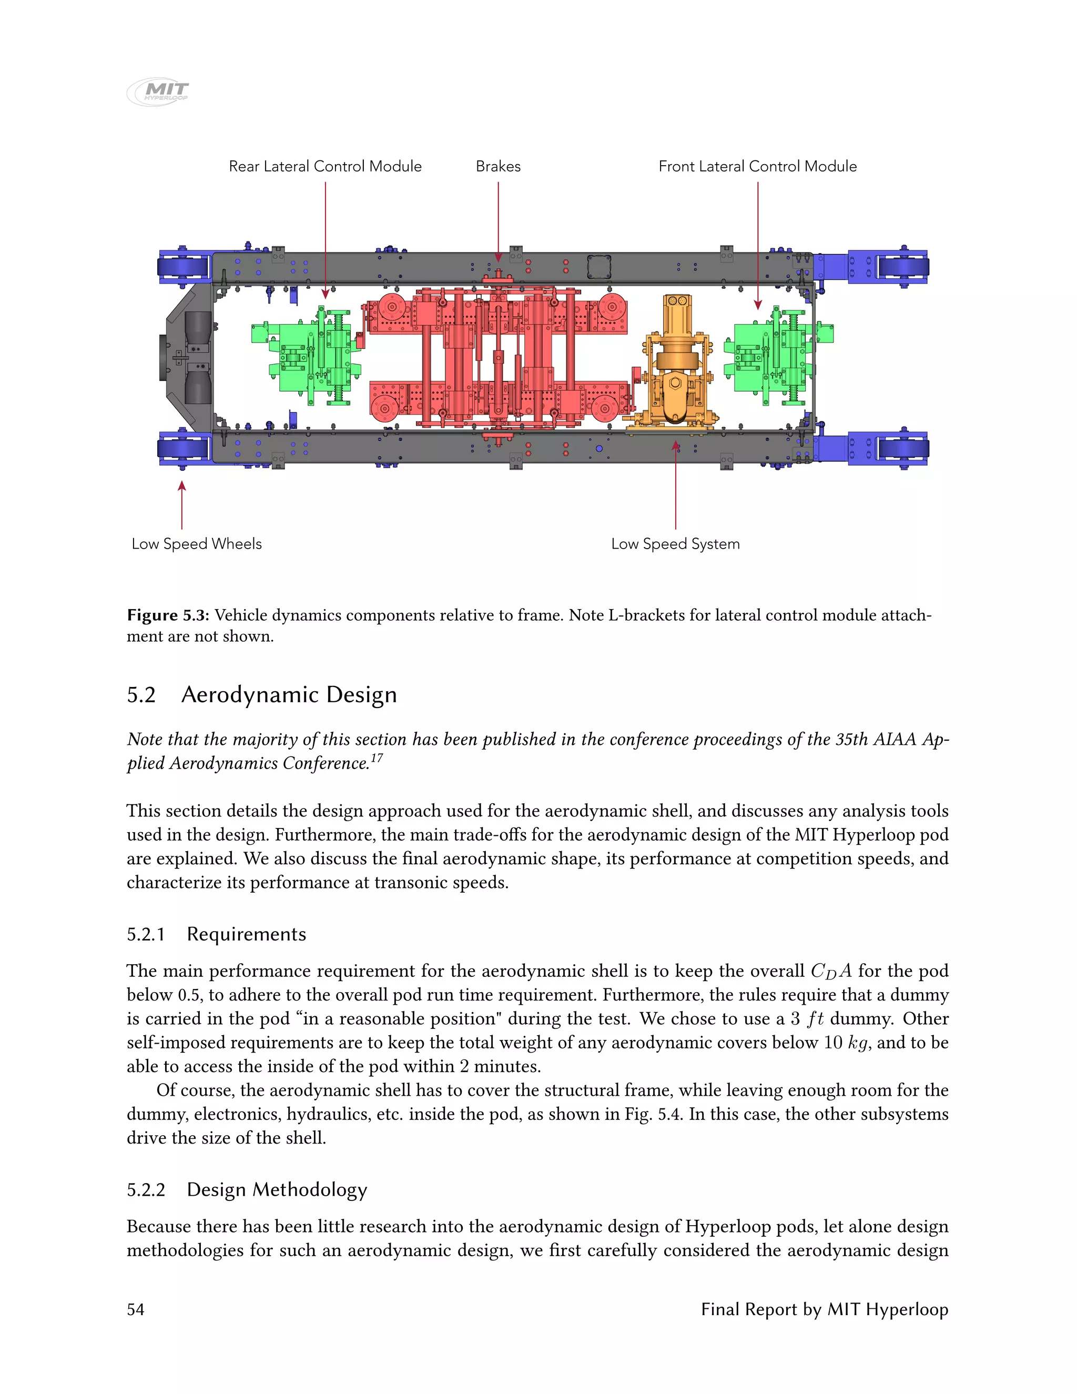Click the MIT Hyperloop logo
pyautogui.click(x=158, y=92)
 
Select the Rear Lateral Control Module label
pyautogui.click(x=325, y=167)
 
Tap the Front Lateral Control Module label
pyautogui.click(x=757, y=167)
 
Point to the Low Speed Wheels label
pyautogui.click(x=197, y=544)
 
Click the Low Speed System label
pyautogui.click(x=675, y=544)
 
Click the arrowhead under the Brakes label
pyautogui.click(x=499, y=257)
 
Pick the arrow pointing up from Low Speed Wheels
pyautogui.click(x=182, y=504)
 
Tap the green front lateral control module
pyautogui.click(x=775, y=357)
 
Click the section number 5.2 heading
pyautogui.click(x=141, y=694)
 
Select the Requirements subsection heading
pyautogui.click(x=246, y=934)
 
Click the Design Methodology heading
pyautogui.click(x=277, y=1190)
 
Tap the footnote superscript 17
pyautogui.click(x=377, y=758)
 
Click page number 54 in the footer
pyautogui.click(x=135, y=1310)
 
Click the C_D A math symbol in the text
pyautogui.click(x=831, y=972)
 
